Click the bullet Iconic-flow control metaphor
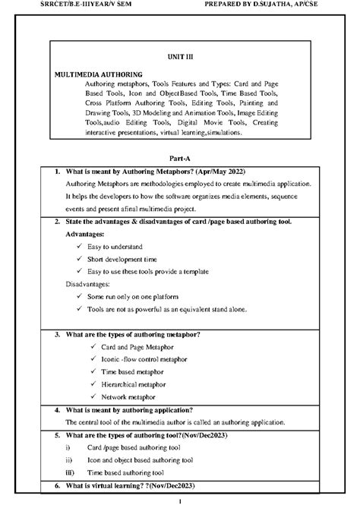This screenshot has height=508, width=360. click(144, 359)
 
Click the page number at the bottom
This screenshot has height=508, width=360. click(180, 502)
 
